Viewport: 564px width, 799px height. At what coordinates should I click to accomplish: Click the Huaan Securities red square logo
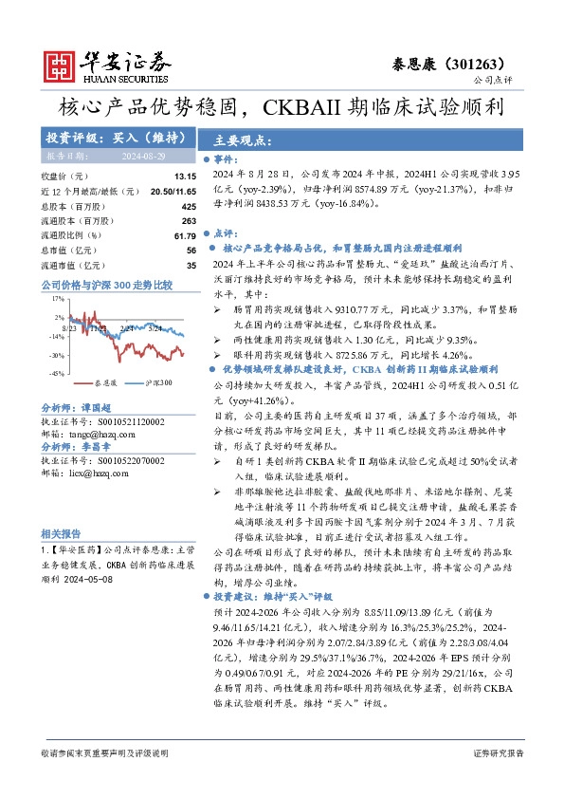click(x=61, y=65)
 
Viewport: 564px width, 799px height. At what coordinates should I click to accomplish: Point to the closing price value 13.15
click(x=185, y=177)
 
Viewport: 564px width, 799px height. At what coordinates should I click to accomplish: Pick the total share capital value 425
click(x=188, y=206)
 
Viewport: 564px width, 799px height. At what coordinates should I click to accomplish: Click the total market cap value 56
click(x=191, y=251)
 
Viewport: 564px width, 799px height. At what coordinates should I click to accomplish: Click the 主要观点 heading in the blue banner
click(x=244, y=138)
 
